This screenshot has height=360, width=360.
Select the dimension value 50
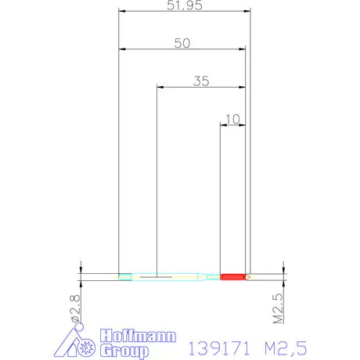tap(182, 44)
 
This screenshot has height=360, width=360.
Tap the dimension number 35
tap(201, 81)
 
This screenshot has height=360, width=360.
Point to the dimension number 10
tap(232, 119)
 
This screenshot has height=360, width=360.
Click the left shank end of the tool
tap(124, 276)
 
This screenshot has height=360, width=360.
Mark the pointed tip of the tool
tap(249, 276)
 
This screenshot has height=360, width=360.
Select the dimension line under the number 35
tap(201, 88)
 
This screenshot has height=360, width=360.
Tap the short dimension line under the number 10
tap(233, 126)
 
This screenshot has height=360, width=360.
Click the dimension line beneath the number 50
tap(182, 50)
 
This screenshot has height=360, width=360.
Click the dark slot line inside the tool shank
tap(157, 276)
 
